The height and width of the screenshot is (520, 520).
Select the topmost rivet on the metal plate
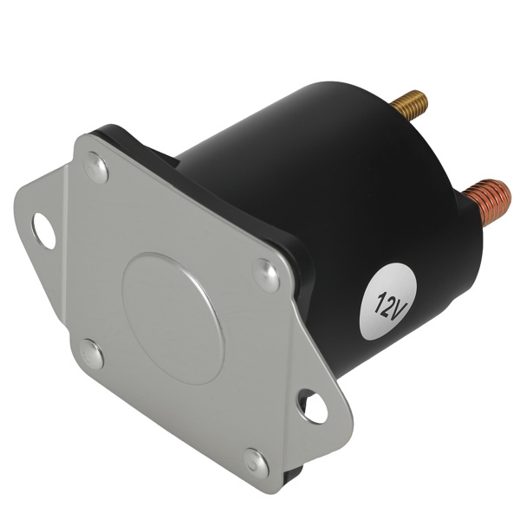click(96, 168)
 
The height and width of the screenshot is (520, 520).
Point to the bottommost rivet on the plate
click(255, 461)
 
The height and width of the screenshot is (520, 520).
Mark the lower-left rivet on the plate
click(91, 354)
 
